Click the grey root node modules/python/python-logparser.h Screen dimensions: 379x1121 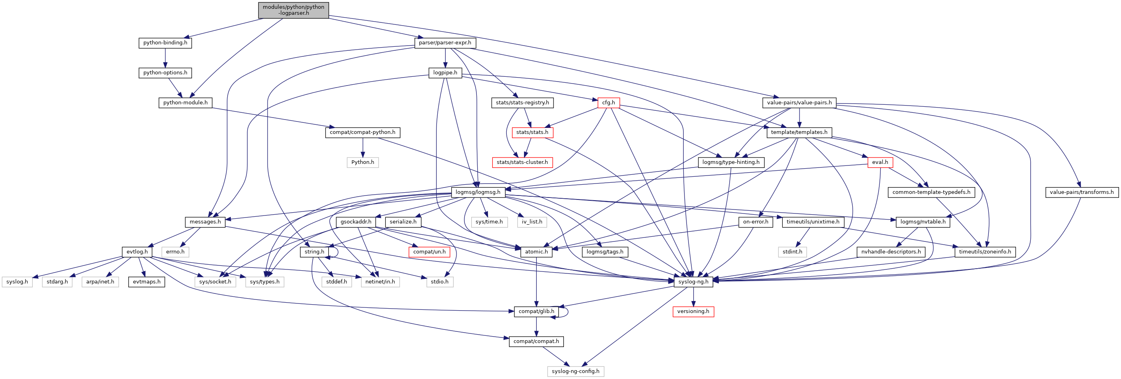(293, 10)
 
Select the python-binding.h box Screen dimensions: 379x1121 (165, 43)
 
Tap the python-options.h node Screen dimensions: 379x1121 (165, 73)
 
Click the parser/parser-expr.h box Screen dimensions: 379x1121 (445, 43)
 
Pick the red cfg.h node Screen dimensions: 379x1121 (608, 103)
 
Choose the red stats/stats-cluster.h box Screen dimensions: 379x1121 (522, 162)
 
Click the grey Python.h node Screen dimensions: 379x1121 (363, 162)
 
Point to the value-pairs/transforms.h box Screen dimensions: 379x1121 (1081, 192)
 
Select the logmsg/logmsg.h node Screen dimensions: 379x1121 (477, 192)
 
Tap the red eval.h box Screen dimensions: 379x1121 (880, 162)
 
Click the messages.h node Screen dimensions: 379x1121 (205, 222)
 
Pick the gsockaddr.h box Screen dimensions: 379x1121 (356, 222)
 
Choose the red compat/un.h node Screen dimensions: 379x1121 (429, 252)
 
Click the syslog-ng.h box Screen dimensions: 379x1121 (693, 282)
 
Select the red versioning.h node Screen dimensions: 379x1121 (693, 311)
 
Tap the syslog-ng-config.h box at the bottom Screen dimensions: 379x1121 (575, 371)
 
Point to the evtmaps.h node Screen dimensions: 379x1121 (147, 282)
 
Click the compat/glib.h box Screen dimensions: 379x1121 (536, 311)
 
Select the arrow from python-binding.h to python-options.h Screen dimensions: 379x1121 (165, 58)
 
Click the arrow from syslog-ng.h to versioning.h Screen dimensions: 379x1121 (693, 297)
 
